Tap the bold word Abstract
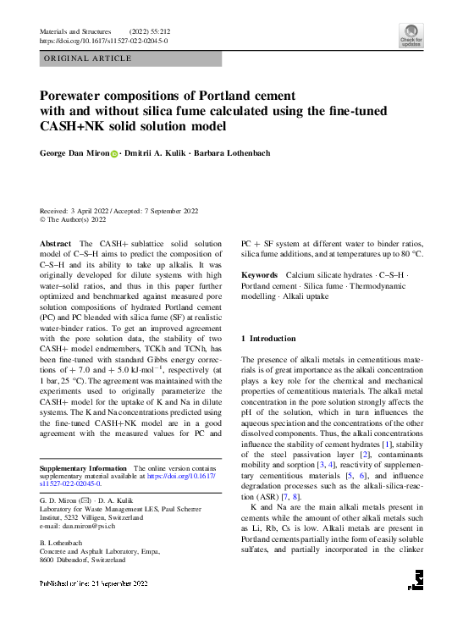click(56, 243)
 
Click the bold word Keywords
click(259, 275)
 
